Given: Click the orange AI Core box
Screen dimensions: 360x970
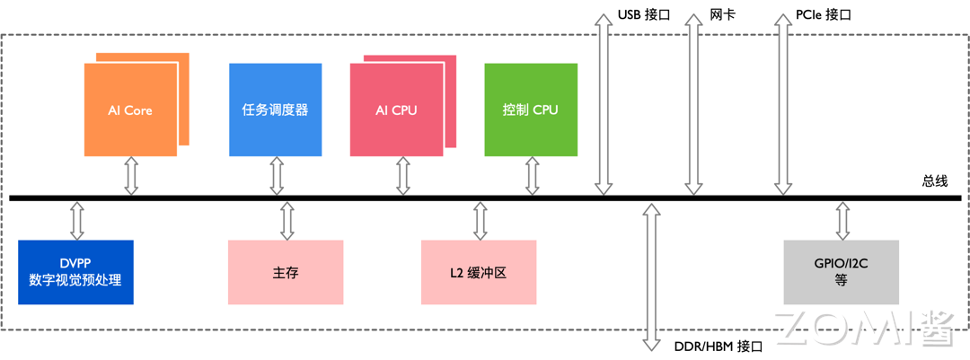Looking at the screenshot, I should (130, 110).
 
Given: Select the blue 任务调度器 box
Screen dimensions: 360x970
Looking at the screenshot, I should (275, 110).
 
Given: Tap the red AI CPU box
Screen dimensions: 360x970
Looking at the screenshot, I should (396, 110).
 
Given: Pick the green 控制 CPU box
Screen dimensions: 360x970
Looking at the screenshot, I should (530, 110).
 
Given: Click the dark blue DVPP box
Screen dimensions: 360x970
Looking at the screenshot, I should (75, 272).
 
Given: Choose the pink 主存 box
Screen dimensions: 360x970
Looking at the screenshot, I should (286, 272).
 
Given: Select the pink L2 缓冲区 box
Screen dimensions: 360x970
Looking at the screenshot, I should (479, 272).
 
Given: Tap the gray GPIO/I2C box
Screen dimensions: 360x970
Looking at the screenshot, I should (841, 272).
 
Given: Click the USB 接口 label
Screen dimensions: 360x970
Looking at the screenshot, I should (644, 15).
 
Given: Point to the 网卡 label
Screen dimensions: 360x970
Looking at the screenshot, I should (722, 15).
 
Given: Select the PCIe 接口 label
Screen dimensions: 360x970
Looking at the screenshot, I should (823, 15).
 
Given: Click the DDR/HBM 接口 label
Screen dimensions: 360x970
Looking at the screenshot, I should (717, 346).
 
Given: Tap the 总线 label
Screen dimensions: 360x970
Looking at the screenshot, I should (934, 180).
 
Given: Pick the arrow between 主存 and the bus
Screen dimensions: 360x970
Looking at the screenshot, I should (287, 221).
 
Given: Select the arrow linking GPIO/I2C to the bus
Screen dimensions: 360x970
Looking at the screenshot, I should (842, 221).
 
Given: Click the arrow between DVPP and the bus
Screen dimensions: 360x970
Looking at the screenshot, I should (76, 221).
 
